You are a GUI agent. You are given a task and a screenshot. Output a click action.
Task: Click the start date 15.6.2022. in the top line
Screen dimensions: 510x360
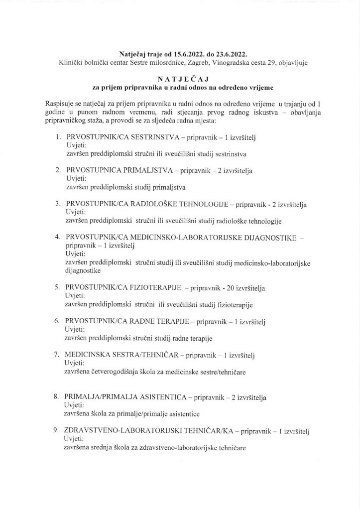tap(190, 53)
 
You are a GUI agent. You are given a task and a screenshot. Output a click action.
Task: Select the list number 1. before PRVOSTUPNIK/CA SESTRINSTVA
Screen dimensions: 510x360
tap(58, 136)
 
